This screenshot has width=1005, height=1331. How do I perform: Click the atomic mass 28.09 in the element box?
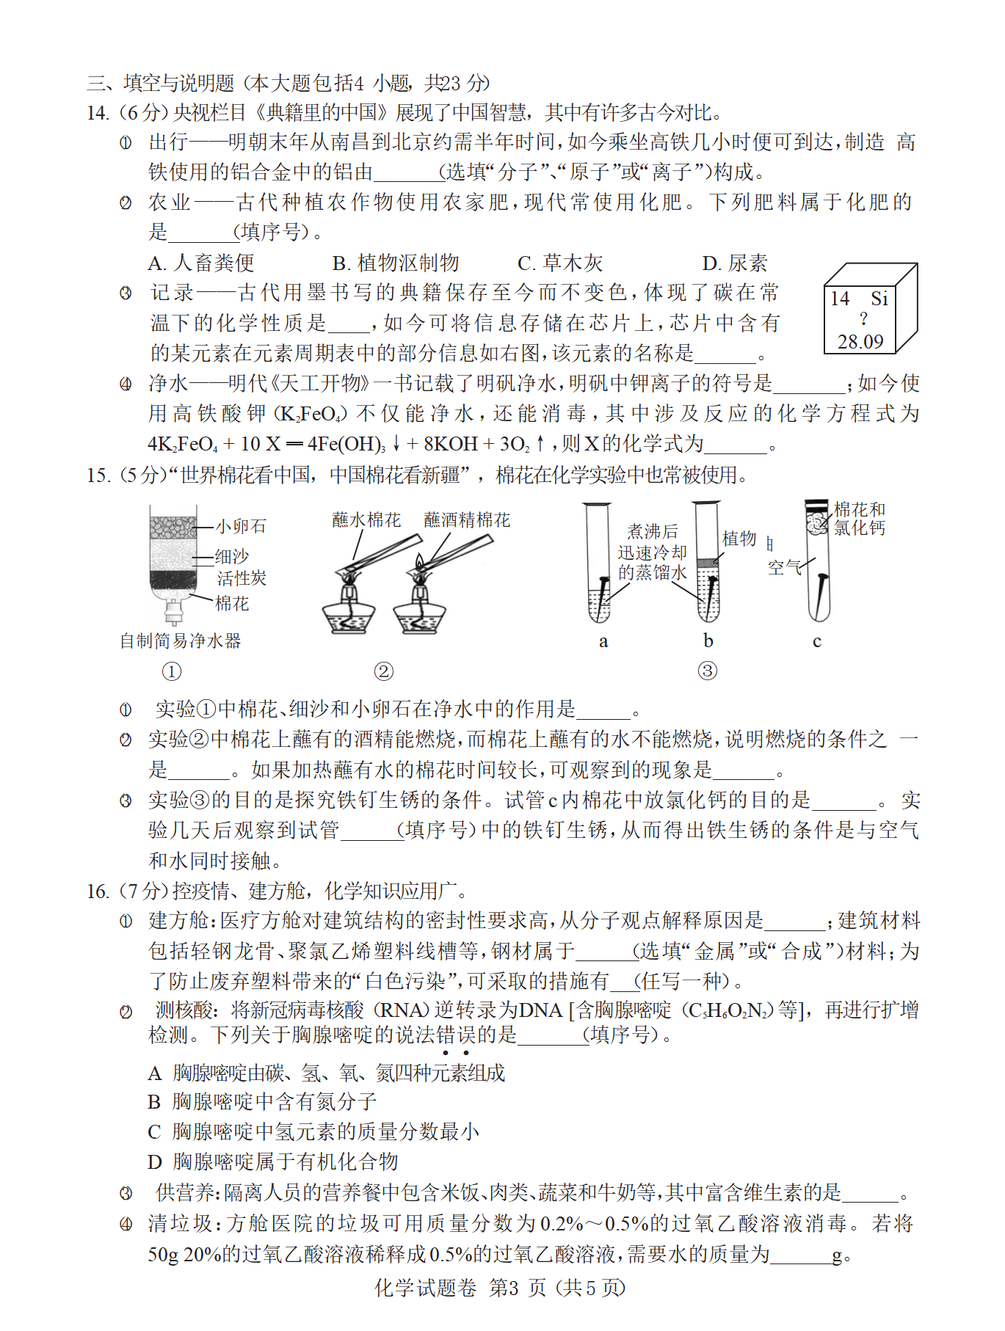[860, 342]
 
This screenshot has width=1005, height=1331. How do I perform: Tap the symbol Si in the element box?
[879, 299]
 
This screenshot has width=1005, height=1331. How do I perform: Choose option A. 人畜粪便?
[201, 263]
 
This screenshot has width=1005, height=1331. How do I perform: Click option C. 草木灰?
[559, 263]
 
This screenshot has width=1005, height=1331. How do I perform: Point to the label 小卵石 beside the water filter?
[241, 526]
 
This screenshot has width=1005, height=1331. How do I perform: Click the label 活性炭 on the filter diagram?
[242, 578]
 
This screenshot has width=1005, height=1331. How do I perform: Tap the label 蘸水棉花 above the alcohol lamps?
[366, 520]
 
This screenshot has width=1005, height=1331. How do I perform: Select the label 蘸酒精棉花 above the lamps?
[467, 520]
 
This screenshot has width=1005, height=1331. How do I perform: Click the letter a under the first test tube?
[603, 641]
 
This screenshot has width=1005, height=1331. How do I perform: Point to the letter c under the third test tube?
[816, 641]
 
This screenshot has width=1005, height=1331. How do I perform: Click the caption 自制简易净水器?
[181, 641]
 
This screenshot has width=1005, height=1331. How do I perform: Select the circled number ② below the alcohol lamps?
[383, 671]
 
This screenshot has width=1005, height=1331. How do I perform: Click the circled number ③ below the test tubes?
[707, 671]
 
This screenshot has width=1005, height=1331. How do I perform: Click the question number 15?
[98, 475]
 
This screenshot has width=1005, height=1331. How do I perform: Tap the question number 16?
[98, 891]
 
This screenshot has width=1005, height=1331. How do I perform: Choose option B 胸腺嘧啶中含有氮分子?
[262, 1101]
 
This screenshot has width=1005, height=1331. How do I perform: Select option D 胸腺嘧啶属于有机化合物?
[272, 1162]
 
